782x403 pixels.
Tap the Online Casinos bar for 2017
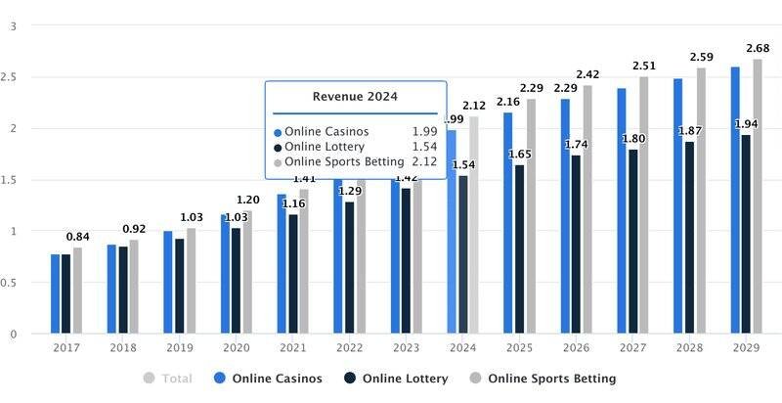[56, 293]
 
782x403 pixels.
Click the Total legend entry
[168, 379]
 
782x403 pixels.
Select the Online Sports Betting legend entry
[543, 379]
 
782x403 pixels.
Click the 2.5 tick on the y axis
[13, 77]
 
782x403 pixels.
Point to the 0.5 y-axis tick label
[13, 283]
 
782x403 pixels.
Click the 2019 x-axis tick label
[179, 348]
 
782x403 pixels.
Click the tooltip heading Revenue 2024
[355, 96]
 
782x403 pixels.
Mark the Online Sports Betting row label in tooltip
[343, 161]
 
